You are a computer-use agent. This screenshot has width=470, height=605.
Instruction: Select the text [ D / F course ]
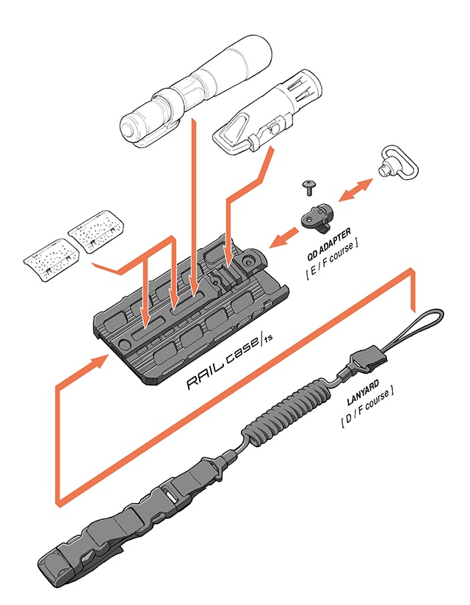pos(367,416)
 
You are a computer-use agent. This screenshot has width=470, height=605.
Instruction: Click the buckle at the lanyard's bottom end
pos(66,558)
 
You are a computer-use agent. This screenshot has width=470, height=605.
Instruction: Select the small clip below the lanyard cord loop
pos(360,361)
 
